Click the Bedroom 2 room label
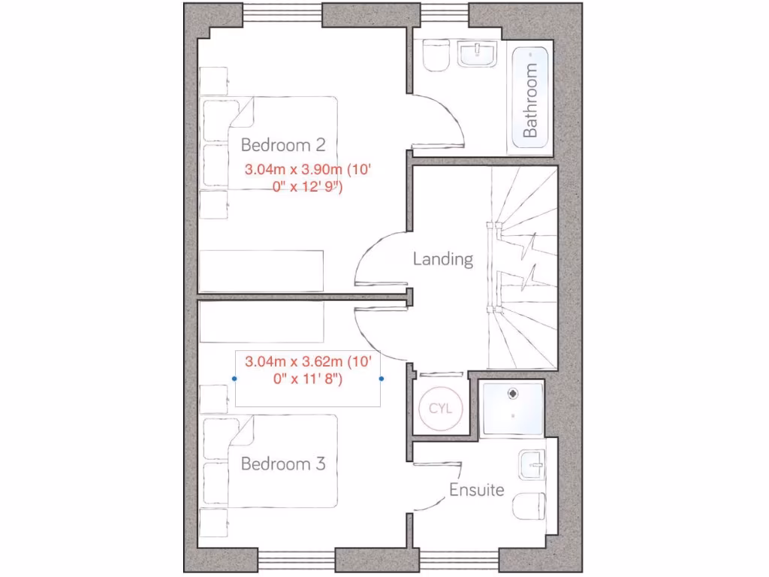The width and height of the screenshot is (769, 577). point(282,144)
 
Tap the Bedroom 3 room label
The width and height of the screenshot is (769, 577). point(282,464)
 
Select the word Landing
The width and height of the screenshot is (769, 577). point(443,259)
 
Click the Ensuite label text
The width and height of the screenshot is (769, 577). point(476,491)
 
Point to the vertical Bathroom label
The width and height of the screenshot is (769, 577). point(530,100)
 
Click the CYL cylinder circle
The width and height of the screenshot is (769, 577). point(440,409)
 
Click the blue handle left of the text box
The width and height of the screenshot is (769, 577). point(235,379)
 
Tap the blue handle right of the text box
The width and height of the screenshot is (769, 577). point(382,379)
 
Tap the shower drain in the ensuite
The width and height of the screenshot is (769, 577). point(513,392)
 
